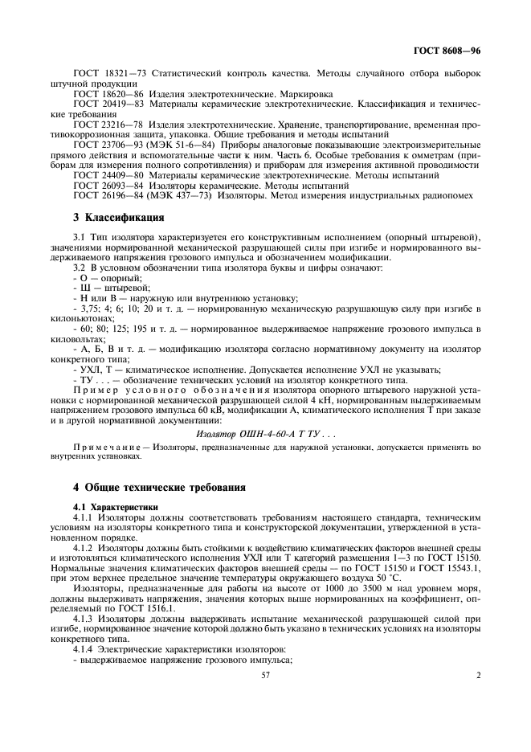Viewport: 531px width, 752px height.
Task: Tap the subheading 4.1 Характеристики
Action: (116, 507)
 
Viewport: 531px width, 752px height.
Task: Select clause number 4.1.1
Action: (84, 517)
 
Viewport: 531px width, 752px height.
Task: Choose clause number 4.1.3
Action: (84, 619)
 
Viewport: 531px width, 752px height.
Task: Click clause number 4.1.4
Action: (84, 650)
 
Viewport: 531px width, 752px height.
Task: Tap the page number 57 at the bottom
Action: (264, 676)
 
